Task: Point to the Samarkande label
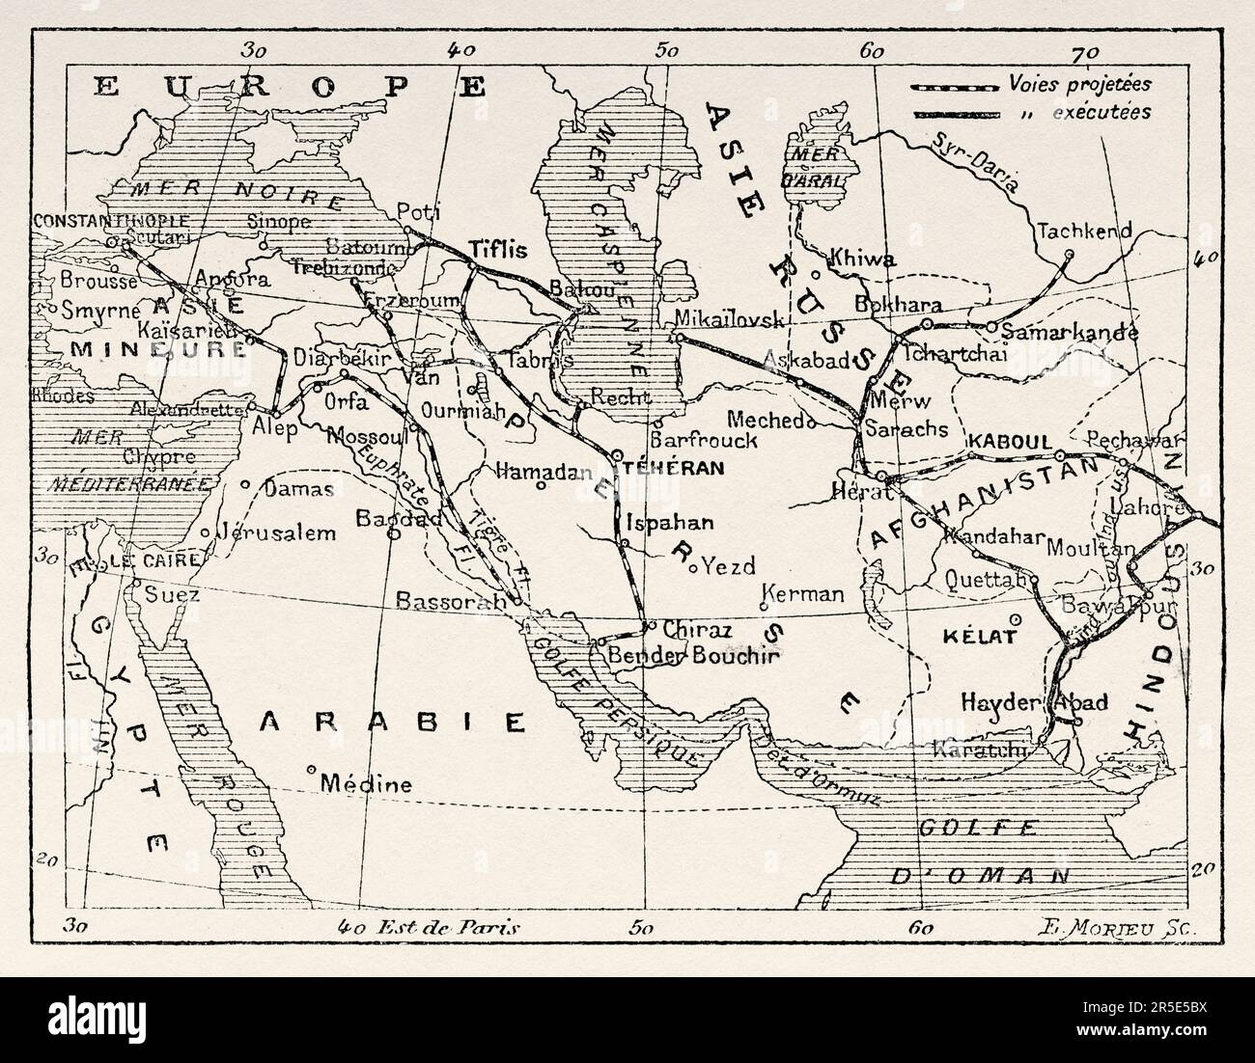coord(1070,332)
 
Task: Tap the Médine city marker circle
coord(312,769)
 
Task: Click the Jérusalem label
coord(276,532)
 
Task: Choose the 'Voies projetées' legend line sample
coord(952,86)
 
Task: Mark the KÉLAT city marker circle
coord(1014,619)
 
